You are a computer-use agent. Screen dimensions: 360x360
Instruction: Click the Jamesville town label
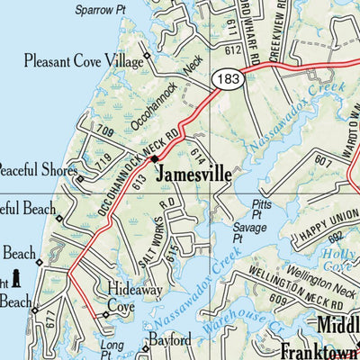click(193, 174)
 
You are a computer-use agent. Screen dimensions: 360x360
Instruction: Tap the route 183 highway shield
click(226, 81)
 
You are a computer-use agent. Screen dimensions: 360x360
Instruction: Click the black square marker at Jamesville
click(155, 159)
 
